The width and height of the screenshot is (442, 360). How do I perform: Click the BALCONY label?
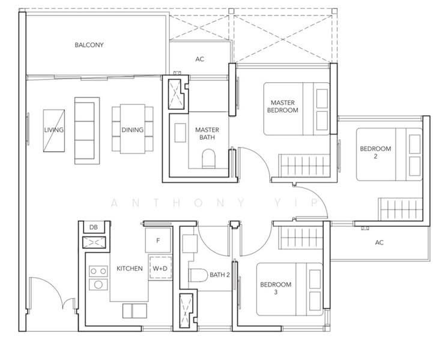[89, 45]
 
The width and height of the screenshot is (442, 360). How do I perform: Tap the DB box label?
[93, 227]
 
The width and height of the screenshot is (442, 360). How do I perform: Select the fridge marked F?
[158, 240]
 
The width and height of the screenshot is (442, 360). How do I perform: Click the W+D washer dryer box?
[160, 268]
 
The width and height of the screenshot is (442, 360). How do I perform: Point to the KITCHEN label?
[130, 268]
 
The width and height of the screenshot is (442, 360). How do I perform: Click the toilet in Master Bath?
[208, 158]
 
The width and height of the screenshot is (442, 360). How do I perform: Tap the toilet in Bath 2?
[198, 275]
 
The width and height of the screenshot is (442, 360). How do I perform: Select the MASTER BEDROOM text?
[282, 106]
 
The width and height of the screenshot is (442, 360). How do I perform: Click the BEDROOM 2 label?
[375, 152]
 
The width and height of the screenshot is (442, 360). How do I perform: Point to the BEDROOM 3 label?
[276, 288]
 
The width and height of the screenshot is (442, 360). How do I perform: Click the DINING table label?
[133, 130]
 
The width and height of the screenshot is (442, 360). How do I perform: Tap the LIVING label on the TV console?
[53, 130]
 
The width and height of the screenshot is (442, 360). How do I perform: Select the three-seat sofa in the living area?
[87, 131]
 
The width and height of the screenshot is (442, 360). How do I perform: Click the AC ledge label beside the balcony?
[199, 59]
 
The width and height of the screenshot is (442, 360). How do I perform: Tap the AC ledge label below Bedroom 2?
[379, 242]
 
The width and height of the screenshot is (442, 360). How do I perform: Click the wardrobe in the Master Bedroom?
[304, 166]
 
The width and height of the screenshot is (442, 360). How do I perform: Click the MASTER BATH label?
[207, 134]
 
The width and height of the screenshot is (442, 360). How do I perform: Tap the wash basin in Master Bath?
[180, 133]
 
